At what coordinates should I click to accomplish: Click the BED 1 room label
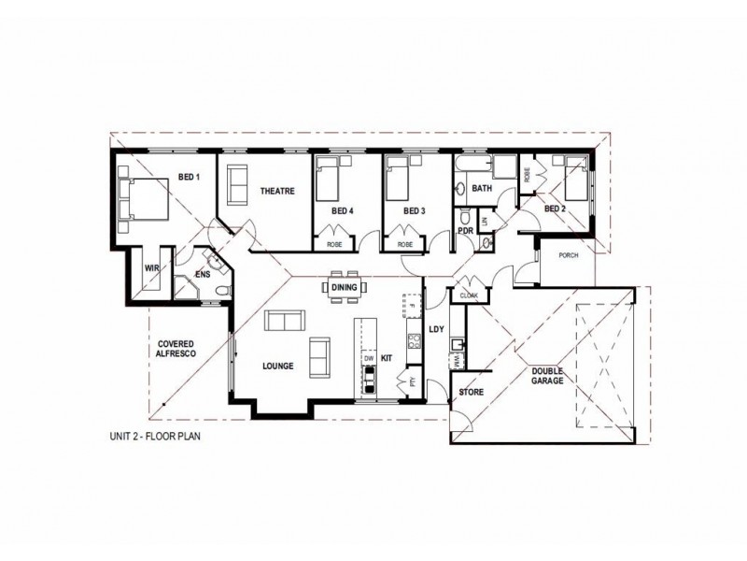[190, 178]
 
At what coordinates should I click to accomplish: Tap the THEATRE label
[276, 191]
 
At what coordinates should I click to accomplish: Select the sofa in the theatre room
[237, 180]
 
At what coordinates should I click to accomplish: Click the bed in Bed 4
[327, 179]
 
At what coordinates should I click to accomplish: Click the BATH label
[482, 189]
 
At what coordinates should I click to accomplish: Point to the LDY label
[435, 330]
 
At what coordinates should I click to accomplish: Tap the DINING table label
[345, 288]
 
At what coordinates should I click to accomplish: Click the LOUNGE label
[279, 367]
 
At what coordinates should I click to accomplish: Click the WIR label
[149, 267]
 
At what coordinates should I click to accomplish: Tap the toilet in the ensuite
[221, 292]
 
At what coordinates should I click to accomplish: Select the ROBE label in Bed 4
[334, 244]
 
